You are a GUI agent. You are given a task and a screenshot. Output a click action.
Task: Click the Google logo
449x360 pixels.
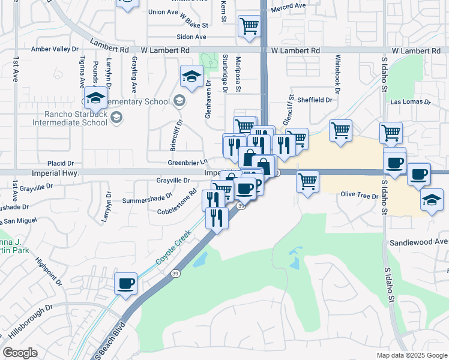(x=20, y=353)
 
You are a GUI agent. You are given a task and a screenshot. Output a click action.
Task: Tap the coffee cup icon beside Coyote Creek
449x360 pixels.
(x=126, y=283)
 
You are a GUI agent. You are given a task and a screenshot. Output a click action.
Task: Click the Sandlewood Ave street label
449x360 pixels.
(x=418, y=242)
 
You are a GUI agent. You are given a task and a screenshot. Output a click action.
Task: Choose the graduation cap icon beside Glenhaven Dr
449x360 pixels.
(x=191, y=76)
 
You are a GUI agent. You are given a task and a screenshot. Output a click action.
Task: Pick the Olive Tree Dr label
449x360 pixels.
(x=359, y=195)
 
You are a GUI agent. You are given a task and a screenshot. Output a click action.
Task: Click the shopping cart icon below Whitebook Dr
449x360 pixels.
(x=340, y=130)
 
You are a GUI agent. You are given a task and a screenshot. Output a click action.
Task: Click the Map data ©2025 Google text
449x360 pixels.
(x=411, y=355)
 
